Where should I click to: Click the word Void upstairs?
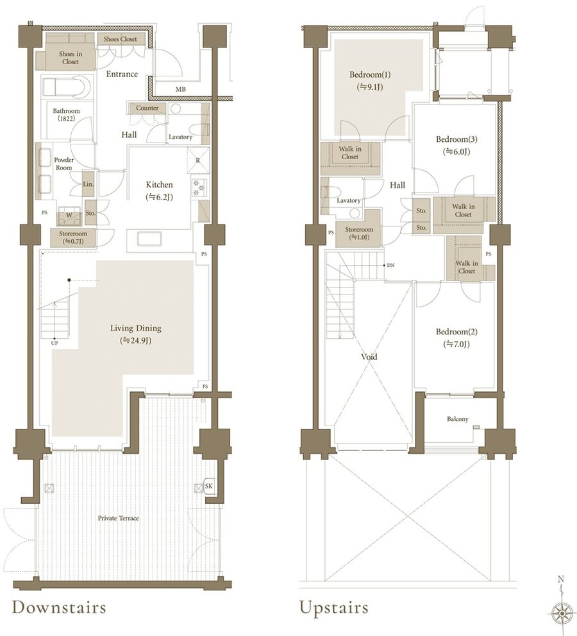coord(369,357)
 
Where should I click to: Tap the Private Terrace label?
coord(119,518)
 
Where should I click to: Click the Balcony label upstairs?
coord(458,419)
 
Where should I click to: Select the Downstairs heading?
coord(59,606)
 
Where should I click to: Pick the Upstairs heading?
coord(334,607)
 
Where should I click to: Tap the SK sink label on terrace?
coord(208,486)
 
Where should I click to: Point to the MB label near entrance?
coord(181,89)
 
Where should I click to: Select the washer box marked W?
coord(69,216)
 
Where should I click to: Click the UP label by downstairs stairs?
coord(54,343)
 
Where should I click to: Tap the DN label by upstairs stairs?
coord(390,265)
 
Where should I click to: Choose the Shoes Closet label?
coord(121,39)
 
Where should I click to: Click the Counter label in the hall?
coord(147,108)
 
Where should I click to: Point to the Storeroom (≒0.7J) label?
coord(73,237)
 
